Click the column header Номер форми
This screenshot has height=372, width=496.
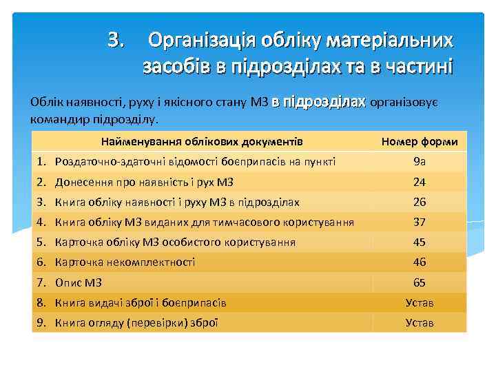(420, 142)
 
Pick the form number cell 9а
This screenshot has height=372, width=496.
(420, 162)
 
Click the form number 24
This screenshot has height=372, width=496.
(420, 183)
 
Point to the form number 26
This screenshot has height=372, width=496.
(420, 203)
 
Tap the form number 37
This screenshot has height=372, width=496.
(420, 223)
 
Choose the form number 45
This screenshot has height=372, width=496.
(420, 242)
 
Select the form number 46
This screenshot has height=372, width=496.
(420, 262)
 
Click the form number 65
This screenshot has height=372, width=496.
(420, 282)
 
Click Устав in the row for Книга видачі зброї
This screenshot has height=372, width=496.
(420, 302)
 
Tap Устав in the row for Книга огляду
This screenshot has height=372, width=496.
(420, 322)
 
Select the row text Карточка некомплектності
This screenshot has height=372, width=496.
(125, 262)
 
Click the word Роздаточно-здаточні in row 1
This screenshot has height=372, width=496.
(104, 162)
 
